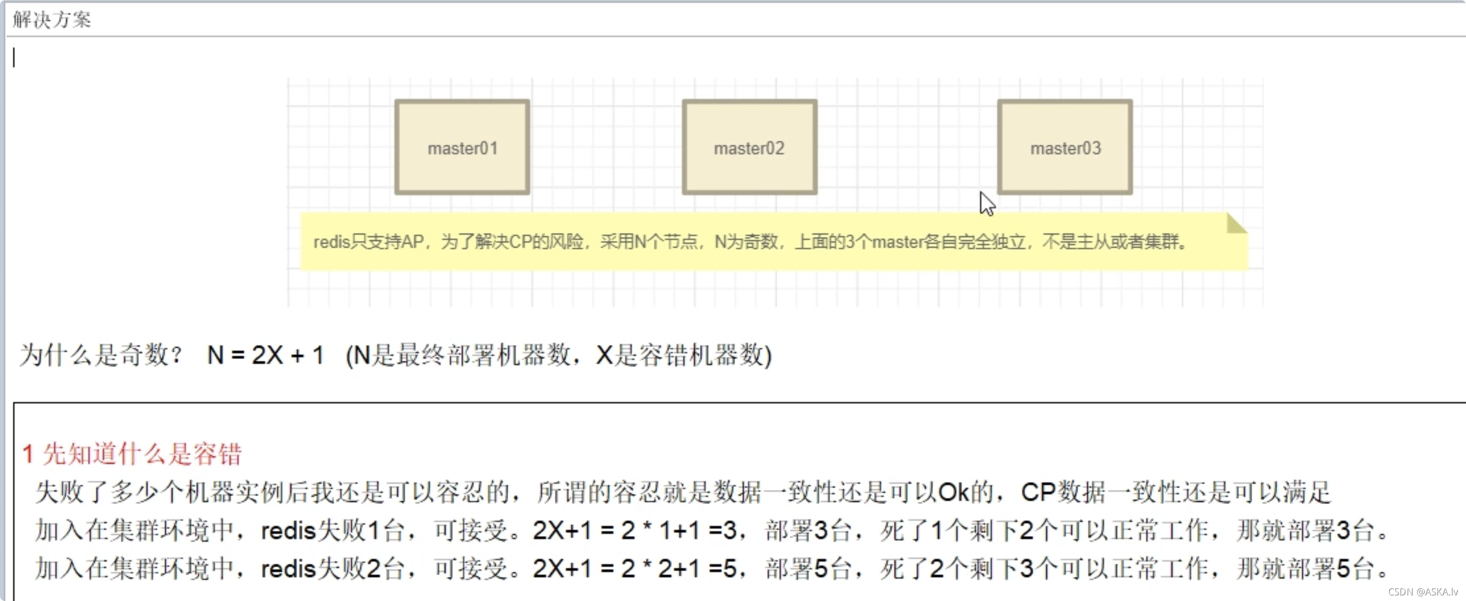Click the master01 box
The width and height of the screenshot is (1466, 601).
[x=462, y=147]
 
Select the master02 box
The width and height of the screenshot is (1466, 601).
[x=750, y=147]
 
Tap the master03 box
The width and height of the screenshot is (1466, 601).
[x=1065, y=147]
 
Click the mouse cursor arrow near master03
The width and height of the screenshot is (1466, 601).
[x=986, y=203]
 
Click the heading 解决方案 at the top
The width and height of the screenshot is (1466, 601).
[x=52, y=20]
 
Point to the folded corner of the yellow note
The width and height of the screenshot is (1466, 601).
[x=1236, y=223]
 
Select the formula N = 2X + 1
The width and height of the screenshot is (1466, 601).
[x=265, y=356]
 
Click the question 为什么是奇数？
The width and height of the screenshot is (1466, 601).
[x=101, y=356]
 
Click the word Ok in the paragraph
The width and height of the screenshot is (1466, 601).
[x=953, y=492]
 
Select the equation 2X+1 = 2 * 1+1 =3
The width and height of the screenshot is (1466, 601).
[x=634, y=530]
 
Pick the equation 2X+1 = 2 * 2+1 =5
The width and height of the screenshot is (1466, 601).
[x=634, y=569]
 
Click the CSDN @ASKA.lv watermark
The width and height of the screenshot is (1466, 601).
[x=1423, y=592]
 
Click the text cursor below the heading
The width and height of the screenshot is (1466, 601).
[x=14, y=58]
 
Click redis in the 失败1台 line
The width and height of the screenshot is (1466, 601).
[x=288, y=530]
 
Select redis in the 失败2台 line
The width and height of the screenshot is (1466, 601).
[x=288, y=569]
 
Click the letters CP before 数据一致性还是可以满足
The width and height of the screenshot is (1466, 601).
[x=1038, y=492]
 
